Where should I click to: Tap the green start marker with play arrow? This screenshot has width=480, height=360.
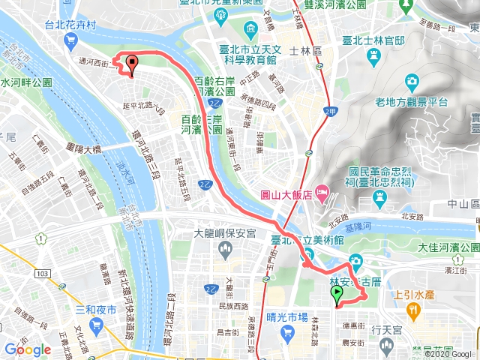click(337, 295)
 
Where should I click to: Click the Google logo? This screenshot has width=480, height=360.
click(28, 349)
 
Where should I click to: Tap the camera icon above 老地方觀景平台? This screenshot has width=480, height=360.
click(412, 81)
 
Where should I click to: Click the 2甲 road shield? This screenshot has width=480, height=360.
click(329, 111)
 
